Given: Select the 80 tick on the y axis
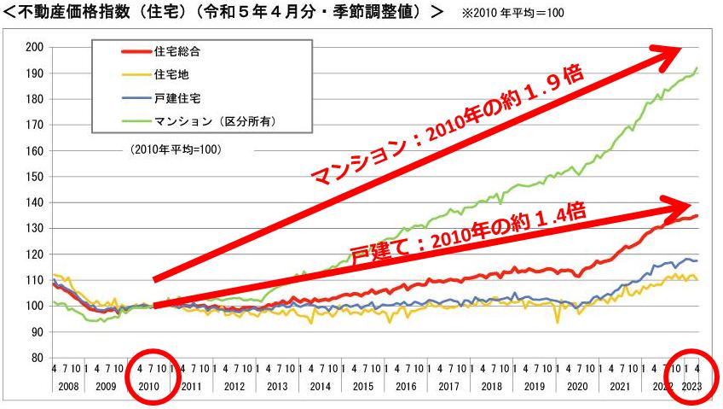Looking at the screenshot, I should pyautogui.click(x=36, y=358).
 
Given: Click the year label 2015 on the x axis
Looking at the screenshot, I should pyautogui.click(x=362, y=386).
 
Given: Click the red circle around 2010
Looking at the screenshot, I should pyautogui.click(x=151, y=377).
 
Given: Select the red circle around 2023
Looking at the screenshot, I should pyautogui.click(x=691, y=377).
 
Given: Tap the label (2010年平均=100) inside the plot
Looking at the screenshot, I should pyautogui.click(x=176, y=149).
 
